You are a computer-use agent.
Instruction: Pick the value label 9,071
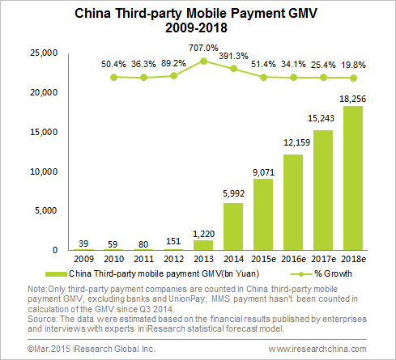(x=262, y=171)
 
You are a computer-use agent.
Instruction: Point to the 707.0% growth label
(x=205, y=48)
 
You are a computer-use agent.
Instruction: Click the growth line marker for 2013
(x=205, y=61)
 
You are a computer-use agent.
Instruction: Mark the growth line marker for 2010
(x=113, y=77)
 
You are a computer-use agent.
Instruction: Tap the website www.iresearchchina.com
(x=329, y=348)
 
